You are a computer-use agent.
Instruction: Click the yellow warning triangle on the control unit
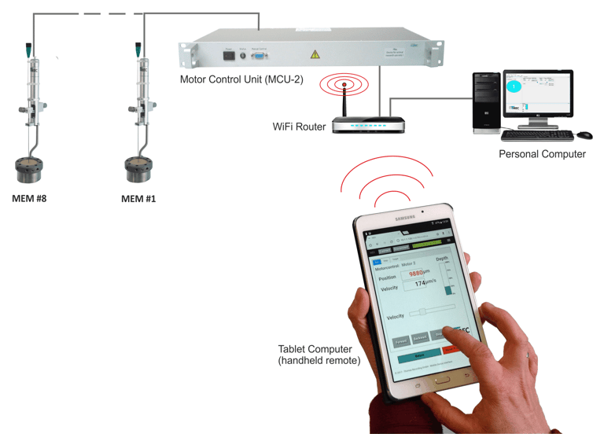[x=315, y=54]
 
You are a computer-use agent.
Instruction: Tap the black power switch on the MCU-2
[x=229, y=57]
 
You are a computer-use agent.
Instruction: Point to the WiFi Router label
[x=299, y=127]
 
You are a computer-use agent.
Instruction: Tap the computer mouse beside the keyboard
[x=584, y=135]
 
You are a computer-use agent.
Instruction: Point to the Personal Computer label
[x=542, y=154]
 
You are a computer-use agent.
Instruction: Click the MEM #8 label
[x=29, y=198]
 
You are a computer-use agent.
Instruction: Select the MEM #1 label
[x=138, y=199]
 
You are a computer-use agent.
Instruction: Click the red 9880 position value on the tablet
[x=417, y=273]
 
